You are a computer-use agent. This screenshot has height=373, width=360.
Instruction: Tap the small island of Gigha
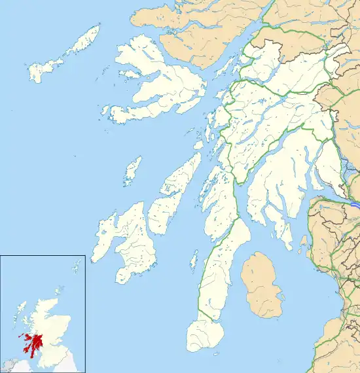coord(194,262)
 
